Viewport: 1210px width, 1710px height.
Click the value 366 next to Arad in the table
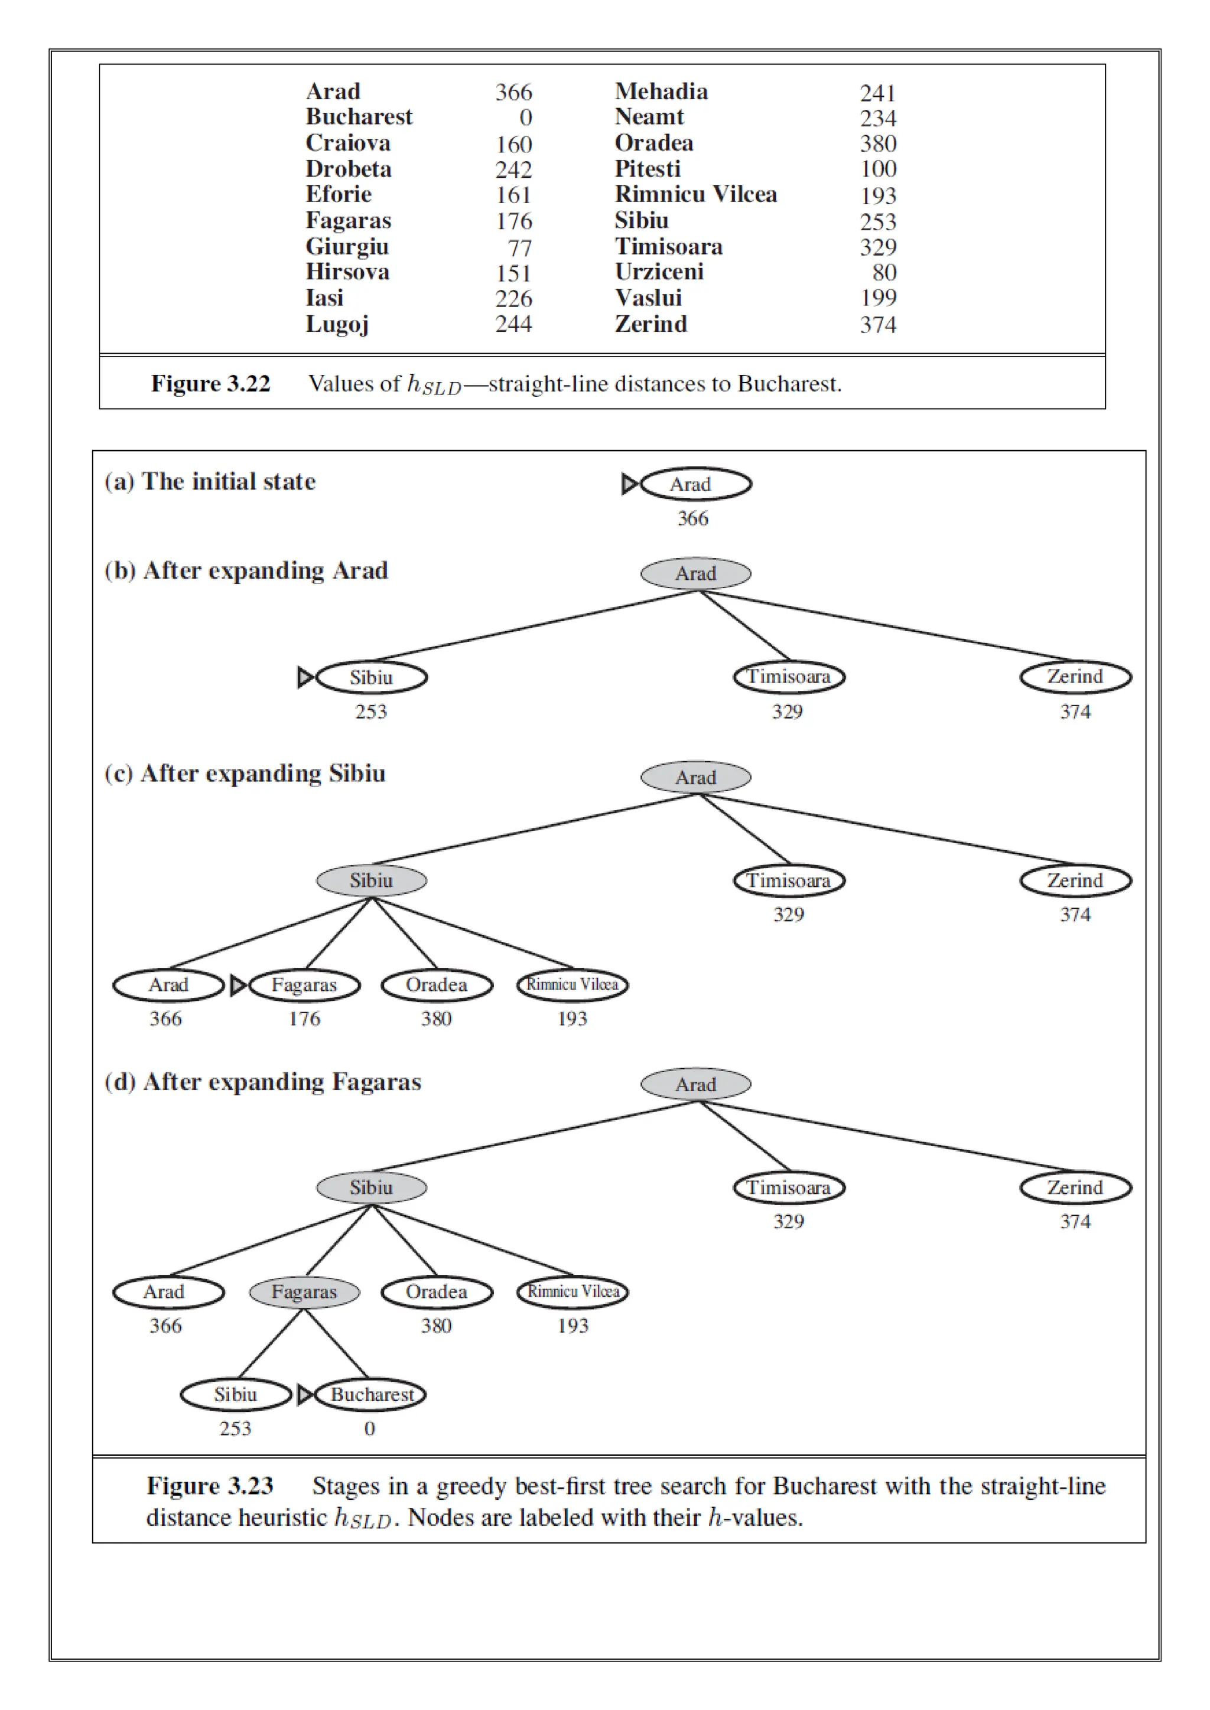[x=513, y=92]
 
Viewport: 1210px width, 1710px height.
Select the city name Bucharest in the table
[x=359, y=117]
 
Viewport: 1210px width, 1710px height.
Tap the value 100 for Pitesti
[x=878, y=169]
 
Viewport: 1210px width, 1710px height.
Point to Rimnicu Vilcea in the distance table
[x=695, y=194]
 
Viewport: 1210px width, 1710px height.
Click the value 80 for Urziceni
[x=884, y=273]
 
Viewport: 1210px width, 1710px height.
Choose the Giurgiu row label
[x=346, y=246]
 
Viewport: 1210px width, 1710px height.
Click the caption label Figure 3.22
[x=210, y=384]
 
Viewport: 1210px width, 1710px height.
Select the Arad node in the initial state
[x=695, y=484]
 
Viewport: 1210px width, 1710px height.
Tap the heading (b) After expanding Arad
[x=246, y=570]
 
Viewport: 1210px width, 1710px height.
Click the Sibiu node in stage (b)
[x=371, y=677]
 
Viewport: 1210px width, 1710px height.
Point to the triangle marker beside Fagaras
[x=238, y=985]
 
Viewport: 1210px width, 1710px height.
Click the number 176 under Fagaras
[x=304, y=1018]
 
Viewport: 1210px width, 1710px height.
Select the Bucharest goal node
[x=371, y=1394]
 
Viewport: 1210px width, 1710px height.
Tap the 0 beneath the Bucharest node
[x=369, y=1428]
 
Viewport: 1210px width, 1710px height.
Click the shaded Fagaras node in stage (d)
[x=304, y=1291]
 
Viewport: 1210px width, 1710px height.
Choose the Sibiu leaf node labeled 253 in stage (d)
[x=236, y=1394]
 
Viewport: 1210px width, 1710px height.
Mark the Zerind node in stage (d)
[x=1075, y=1187]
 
